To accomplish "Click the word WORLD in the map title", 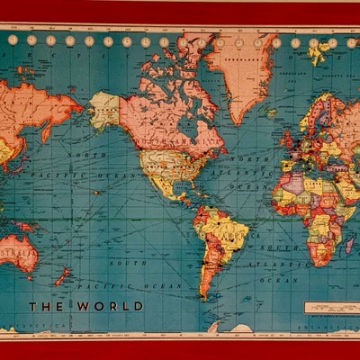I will [x=111, y=306].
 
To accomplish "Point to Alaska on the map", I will [x=104, y=109].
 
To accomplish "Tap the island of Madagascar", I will [x=348, y=244].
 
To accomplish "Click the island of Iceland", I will [x=271, y=113].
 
